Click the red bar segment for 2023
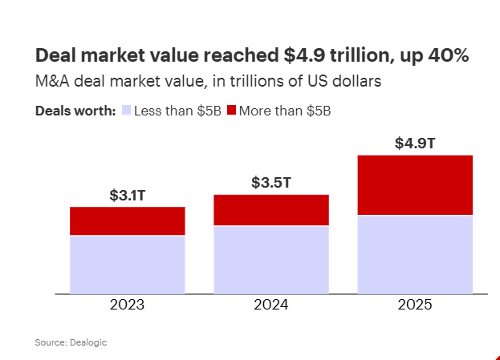tap(128, 220)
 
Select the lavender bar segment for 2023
tap(128, 265)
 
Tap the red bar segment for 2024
tap(271, 210)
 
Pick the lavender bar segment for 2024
tap(271, 260)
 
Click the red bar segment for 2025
tap(415, 185)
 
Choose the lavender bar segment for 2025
tap(415, 255)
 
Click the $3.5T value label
tap(271, 183)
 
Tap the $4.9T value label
tap(415, 144)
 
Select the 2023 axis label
tap(128, 305)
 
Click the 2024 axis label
tap(271, 305)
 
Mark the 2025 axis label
tap(415, 305)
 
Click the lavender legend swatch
tap(126, 111)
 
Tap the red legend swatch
tap(234, 111)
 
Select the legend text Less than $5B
tap(177, 111)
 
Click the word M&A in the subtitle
tap(50, 80)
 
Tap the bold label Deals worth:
tap(75, 111)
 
